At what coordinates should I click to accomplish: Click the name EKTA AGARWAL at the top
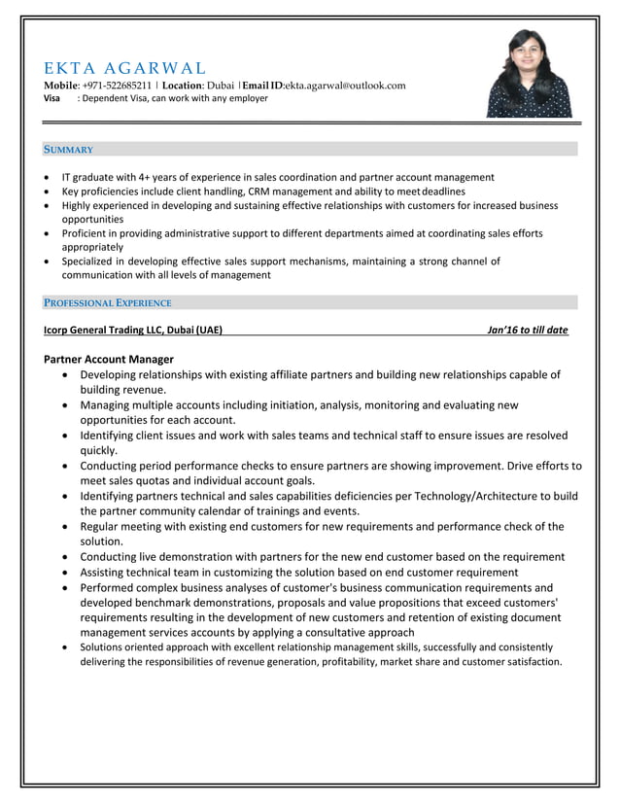tap(125, 68)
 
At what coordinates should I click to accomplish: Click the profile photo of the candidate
tap(530, 73)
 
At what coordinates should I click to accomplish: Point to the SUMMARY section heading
tap(68, 150)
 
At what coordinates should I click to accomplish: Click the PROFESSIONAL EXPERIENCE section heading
tap(108, 303)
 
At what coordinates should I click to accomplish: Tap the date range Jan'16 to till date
tap(528, 330)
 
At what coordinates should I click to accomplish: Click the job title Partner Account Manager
tap(109, 359)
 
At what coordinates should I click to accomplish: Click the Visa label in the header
tap(52, 98)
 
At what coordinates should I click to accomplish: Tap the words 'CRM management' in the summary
tap(283, 192)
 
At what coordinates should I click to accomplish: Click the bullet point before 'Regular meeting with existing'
tap(64, 527)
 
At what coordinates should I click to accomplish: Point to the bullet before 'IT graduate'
tap(48, 178)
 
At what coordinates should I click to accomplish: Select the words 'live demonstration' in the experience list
tap(190, 557)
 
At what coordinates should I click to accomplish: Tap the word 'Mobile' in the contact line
tap(60, 86)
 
